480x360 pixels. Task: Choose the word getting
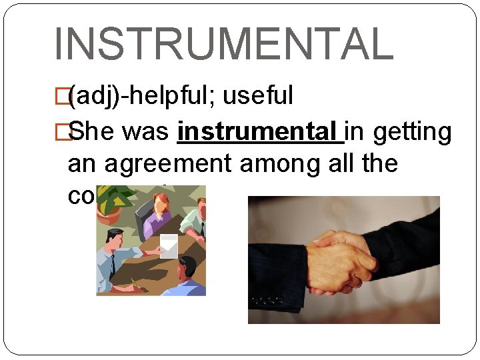pos(412,132)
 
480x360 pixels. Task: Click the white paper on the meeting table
pos(169,245)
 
